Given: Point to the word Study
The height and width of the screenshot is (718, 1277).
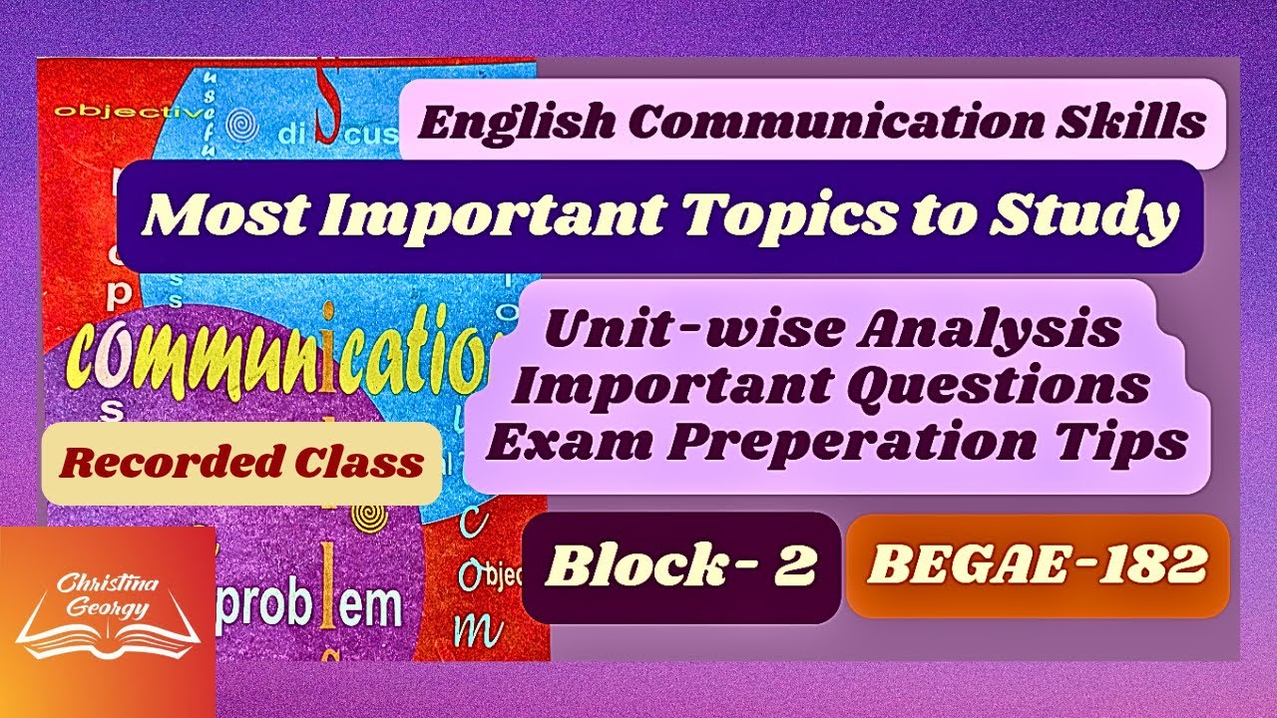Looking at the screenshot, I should [x=1097, y=216].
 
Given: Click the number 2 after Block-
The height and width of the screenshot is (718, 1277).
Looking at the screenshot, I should [x=798, y=566].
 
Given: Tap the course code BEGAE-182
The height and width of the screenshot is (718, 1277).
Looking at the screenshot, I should [x=1037, y=565].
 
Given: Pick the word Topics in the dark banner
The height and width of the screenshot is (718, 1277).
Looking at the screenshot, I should [x=818, y=216].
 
